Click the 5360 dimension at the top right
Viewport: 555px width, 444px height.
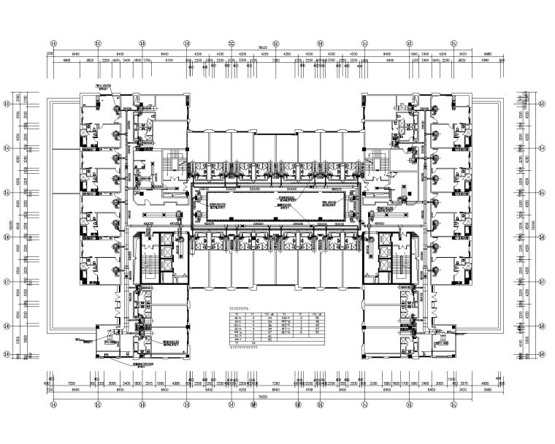484,61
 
